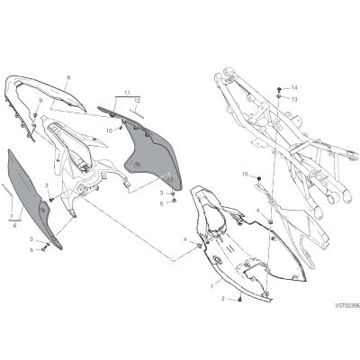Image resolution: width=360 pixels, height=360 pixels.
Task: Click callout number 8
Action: pyautogui.click(x=68, y=77)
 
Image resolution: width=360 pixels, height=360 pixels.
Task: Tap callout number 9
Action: pyautogui.click(x=40, y=101)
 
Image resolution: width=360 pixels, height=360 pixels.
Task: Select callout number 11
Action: pyautogui.click(x=128, y=93)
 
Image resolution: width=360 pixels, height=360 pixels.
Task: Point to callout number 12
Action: pyautogui.click(x=137, y=101)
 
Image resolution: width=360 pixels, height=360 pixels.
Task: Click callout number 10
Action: pyautogui.click(x=110, y=130)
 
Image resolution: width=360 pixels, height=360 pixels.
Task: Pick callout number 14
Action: pyautogui.click(x=294, y=87)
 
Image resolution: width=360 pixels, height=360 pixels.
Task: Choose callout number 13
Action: pyautogui.click(x=294, y=99)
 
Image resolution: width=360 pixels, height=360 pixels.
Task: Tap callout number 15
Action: pyautogui.click(x=246, y=174)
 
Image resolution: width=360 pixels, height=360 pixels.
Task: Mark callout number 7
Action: pyautogui.click(x=11, y=216)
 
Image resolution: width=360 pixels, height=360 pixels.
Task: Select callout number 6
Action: pyautogui.click(x=14, y=225)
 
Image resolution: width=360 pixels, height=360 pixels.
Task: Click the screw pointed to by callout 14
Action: pyautogui.click(x=280, y=89)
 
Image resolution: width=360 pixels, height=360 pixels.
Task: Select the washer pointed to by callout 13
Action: pyautogui.click(x=279, y=96)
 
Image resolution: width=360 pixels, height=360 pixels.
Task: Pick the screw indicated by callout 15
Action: pyautogui.click(x=259, y=179)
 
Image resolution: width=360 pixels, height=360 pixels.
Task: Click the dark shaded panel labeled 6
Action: pyautogui.click(x=34, y=198)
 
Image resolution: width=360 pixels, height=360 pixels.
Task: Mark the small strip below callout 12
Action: pyautogui.click(x=137, y=112)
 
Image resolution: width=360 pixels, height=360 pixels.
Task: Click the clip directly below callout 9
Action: pyautogui.click(x=36, y=114)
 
